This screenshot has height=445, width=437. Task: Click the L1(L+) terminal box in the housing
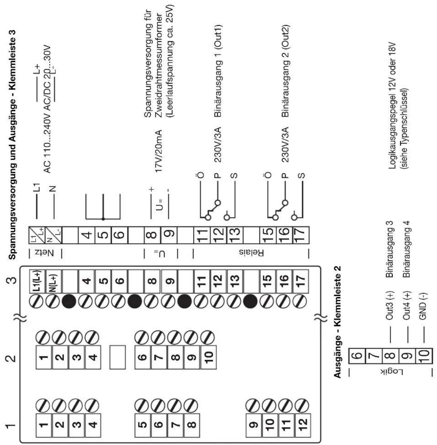point(38,281)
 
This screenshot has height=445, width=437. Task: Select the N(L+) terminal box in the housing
point(54,281)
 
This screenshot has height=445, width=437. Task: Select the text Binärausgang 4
point(406,249)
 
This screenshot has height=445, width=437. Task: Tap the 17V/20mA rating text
point(159,151)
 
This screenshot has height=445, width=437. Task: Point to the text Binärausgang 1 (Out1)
point(218,71)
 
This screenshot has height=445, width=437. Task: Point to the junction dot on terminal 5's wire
point(103,219)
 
